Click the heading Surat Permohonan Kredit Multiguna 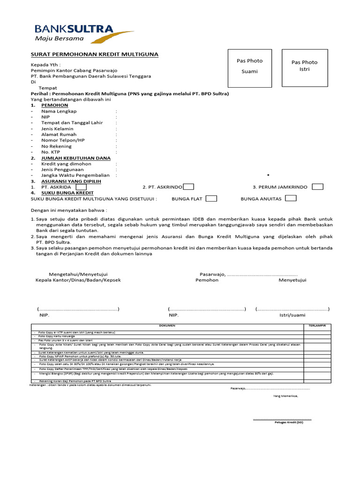[x=94, y=54]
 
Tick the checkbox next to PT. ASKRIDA [x=81, y=187]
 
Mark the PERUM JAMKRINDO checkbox [x=317, y=187]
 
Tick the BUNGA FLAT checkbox [x=211, y=198]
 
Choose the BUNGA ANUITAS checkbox [x=291, y=198]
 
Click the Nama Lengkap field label [x=59, y=112]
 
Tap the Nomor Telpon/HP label [x=63, y=140]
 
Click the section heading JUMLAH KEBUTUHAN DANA [x=76, y=158]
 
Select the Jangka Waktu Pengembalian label [x=72, y=175]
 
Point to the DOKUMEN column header [x=167, y=325]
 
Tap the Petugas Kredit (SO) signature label [x=289, y=422]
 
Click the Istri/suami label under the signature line [x=292, y=315]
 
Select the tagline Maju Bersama [x=60, y=38]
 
